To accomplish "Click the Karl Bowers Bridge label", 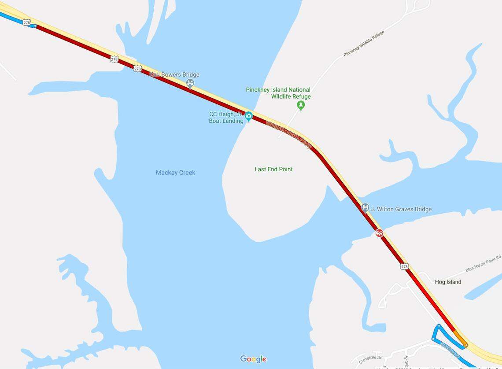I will [x=175, y=75].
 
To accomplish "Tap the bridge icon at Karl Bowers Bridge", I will [x=190, y=83].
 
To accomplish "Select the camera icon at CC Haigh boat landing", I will [x=249, y=116].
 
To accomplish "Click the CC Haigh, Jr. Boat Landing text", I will [x=226, y=118].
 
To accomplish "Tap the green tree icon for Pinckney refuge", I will [x=301, y=105].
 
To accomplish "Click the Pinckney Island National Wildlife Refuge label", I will [x=278, y=93].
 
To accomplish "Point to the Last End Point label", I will [x=273, y=169].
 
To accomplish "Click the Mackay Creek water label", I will [x=175, y=173].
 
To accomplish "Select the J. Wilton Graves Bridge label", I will [x=401, y=209].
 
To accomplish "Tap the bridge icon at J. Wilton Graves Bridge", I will [x=365, y=208].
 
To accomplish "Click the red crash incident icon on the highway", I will [x=379, y=232].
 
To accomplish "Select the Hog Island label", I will [x=448, y=282].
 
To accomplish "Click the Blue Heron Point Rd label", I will [x=483, y=263].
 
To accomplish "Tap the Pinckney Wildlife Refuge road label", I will [x=364, y=44].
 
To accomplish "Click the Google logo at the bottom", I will [x=253, y=359].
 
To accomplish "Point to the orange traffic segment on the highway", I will [x=460, y=338].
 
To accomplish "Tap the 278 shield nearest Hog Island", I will [x=405, y=266].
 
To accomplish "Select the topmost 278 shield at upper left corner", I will [x=27, y=22].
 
